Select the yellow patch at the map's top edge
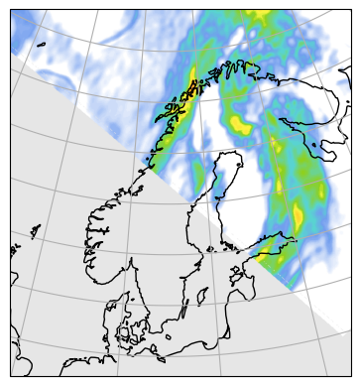pos(260,14)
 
